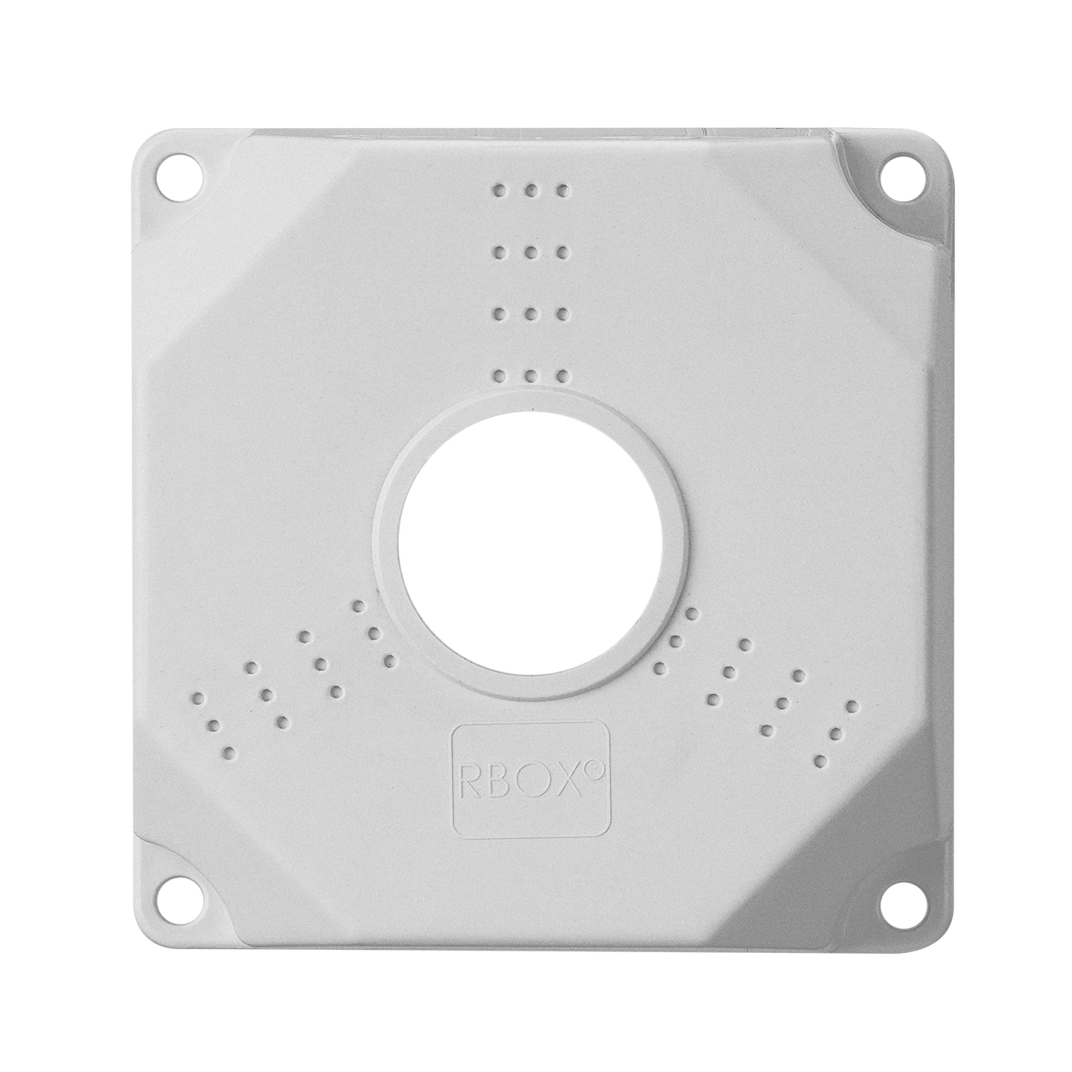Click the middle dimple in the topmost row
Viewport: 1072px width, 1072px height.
(531, 191)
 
